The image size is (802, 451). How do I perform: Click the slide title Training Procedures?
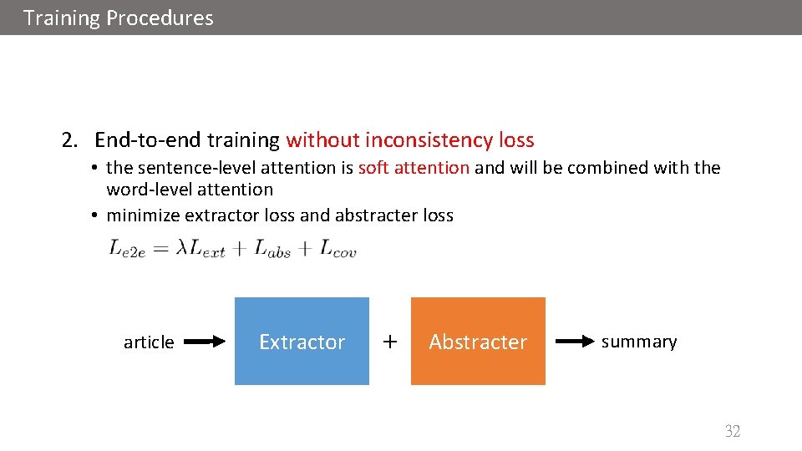119,18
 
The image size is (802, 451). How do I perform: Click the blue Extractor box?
302,342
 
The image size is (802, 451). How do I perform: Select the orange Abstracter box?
478,342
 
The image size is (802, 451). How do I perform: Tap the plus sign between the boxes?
389,341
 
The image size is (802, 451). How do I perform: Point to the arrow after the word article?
206,342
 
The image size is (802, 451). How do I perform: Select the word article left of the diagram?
149,342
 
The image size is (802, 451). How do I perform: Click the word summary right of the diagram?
639,342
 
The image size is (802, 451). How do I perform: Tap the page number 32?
733,431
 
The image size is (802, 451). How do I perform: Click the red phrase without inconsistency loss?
409,139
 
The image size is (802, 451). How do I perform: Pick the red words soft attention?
414,167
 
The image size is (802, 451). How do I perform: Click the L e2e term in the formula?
127,249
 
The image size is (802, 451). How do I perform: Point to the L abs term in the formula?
273,249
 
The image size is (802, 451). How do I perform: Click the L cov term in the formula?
338,249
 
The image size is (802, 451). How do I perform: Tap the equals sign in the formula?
161,249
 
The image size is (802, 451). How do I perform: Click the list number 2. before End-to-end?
70,139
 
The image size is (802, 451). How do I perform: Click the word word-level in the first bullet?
148,190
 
